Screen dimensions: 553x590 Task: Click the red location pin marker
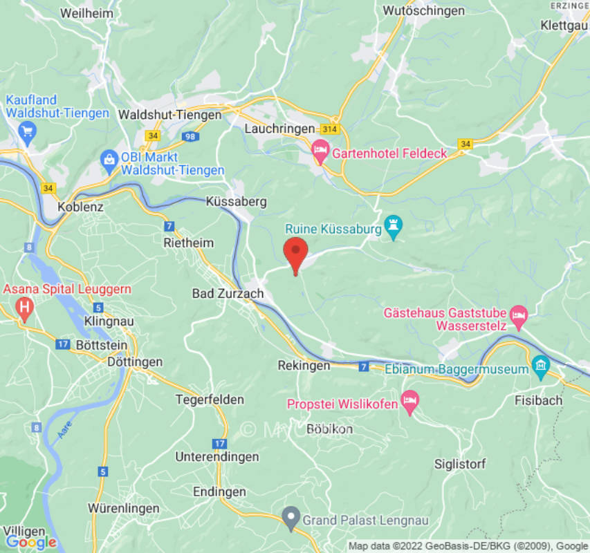pos(296,254)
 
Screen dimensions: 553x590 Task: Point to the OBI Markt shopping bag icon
pos(109,162)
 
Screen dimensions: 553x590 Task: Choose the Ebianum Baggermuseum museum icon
pos(541,364)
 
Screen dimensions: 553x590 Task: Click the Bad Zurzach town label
pos(228,294)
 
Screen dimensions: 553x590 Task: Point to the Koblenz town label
pos(80,207)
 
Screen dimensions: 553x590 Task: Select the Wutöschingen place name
pos(423,10)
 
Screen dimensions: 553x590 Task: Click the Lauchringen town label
pos(276,129)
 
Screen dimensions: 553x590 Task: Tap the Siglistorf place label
pos(459,463)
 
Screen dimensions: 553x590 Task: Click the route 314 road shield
pos(329,130)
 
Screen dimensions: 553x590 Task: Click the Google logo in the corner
pos(30,542)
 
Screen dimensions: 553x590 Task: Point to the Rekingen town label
pos(304,365)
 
